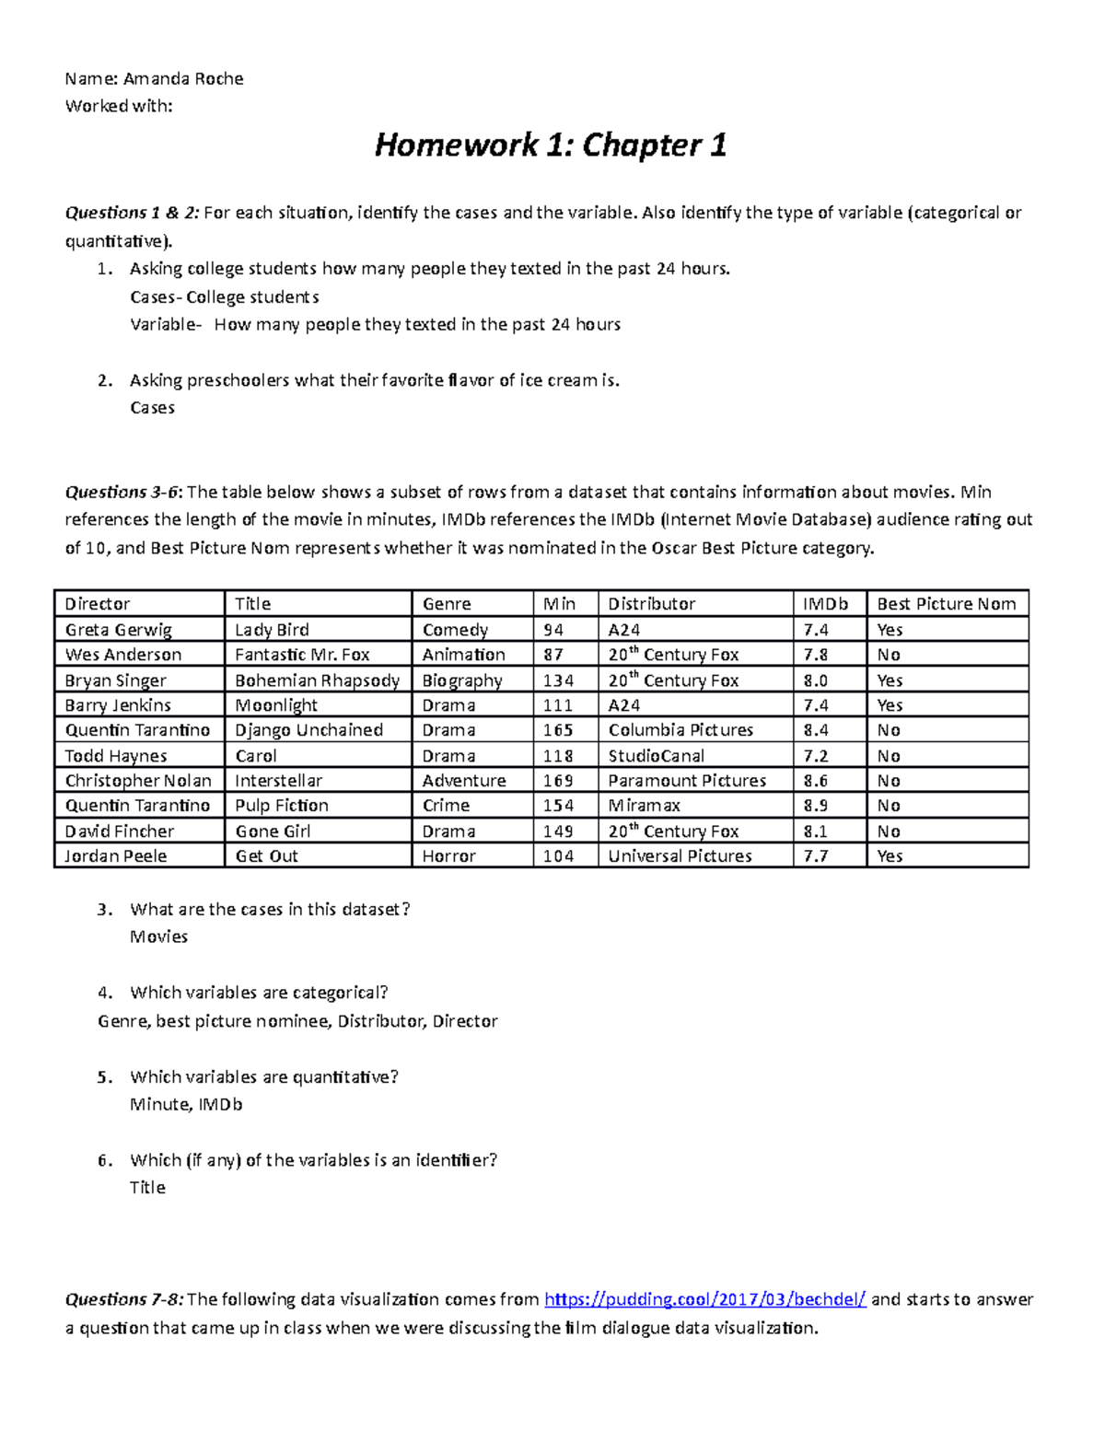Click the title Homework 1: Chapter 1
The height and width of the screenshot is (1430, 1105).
coord(551,145)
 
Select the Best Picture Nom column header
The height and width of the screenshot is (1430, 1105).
coord(946,604)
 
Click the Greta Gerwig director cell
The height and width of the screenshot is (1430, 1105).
coord(118,630)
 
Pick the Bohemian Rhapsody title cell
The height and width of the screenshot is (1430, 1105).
coord(317,680)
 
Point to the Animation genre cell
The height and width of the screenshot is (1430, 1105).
coord(463,655)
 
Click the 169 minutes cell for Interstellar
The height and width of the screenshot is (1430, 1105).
coord(558,781)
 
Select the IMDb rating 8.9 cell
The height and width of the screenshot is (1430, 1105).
coord(815,806)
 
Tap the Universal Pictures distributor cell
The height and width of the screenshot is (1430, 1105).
coord(680,856)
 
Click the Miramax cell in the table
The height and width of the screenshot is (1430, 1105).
coord(644,806)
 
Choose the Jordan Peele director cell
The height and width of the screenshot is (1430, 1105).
coord(116,856)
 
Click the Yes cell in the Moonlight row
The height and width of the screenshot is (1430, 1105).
coord(890,705)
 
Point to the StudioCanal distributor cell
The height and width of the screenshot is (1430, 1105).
coord(656,756)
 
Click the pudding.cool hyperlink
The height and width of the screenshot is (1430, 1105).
coord(705,1299)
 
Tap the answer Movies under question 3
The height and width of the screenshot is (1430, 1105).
coord(158,936)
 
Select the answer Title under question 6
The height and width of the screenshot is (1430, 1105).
coord(147,1188)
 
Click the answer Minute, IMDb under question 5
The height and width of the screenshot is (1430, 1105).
coord(186,1104)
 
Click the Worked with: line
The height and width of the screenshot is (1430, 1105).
coord(118,106)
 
